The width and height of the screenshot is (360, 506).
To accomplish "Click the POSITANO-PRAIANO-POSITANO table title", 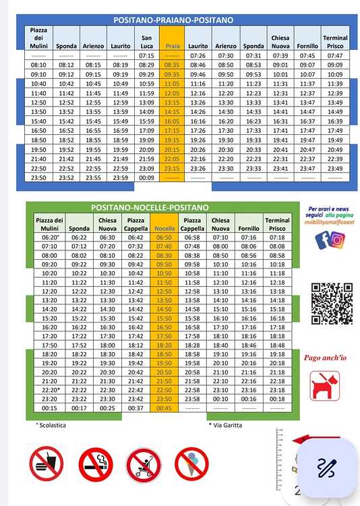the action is pos(173,20).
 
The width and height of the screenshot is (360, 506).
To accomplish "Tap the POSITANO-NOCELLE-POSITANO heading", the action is pos(150,207).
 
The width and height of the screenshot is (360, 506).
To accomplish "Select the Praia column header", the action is pos(172,46).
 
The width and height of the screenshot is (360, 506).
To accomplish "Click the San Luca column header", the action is pos(146,42).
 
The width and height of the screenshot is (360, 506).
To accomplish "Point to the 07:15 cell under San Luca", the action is pos(146,55).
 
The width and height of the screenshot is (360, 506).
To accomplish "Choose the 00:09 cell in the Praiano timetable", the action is pos(146,178).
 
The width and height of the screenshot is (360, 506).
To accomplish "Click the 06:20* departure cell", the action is pos(50,237).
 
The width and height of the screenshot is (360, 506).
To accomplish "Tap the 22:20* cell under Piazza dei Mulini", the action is pos(50,390).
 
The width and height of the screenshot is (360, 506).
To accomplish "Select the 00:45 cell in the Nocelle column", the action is pos(164,409).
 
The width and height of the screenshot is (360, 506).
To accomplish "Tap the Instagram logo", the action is pos(338,240).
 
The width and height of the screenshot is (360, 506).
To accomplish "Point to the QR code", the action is pos(332,304).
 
